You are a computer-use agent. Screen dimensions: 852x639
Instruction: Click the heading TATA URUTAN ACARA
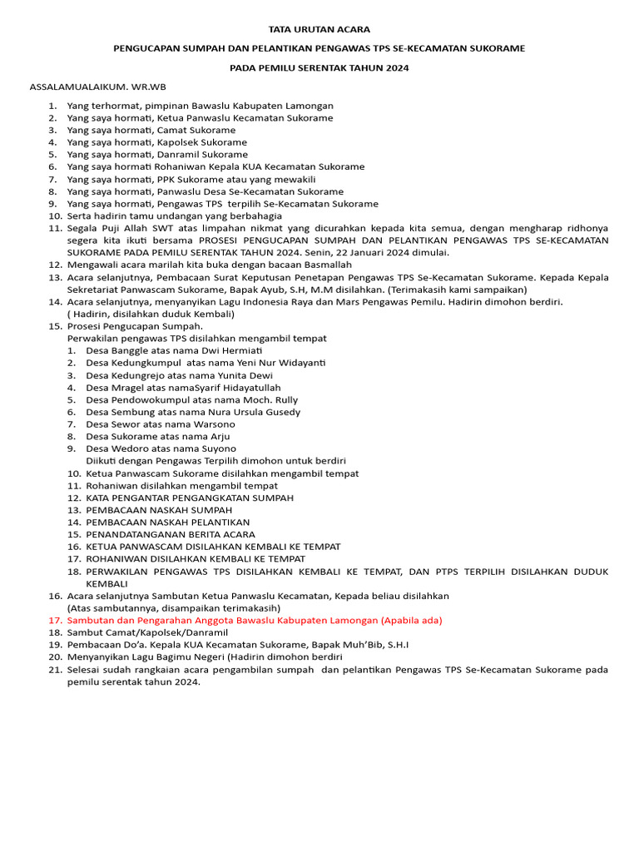[x=319, y=29]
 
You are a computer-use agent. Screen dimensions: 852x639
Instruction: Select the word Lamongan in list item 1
[x=310, y=106]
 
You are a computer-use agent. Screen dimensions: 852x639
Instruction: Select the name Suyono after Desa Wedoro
[x=218, y=448]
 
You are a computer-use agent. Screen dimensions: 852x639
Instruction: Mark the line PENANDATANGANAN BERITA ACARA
[x=171, y=534]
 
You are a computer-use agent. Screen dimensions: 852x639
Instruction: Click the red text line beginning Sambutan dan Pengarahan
[x=255, y=620]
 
